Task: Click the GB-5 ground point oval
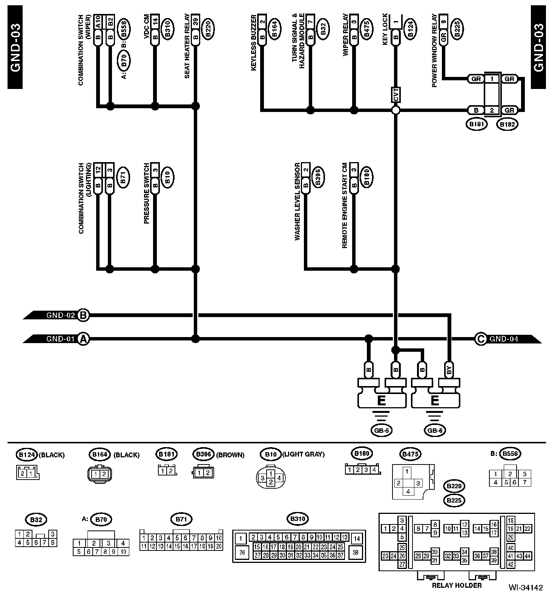(x=381, y=430)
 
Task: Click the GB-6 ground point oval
(x=434, y=430)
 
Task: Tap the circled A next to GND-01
(x=83, y=339)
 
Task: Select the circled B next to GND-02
(x=83, y=315)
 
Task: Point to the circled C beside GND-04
(x=481, y=339)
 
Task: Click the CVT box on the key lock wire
(x=396, y=94)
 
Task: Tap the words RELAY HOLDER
(x=457, y=586)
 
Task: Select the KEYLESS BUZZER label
(x=254, y=42)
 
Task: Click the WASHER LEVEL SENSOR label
(x=297, y=202)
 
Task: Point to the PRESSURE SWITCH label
(x=146, y=193)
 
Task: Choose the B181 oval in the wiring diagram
(x=477, y=124)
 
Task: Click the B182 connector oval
(x=507, y=124)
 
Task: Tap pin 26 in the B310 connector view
(x=242, y=553)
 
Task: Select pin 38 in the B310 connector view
(x=356, y=553)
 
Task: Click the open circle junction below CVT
(x=396, y=110)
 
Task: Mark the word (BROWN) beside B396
(x=230, y=455)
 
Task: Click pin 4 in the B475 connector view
(x=408, y=491)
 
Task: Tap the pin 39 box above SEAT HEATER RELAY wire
(x=195, y=21)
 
